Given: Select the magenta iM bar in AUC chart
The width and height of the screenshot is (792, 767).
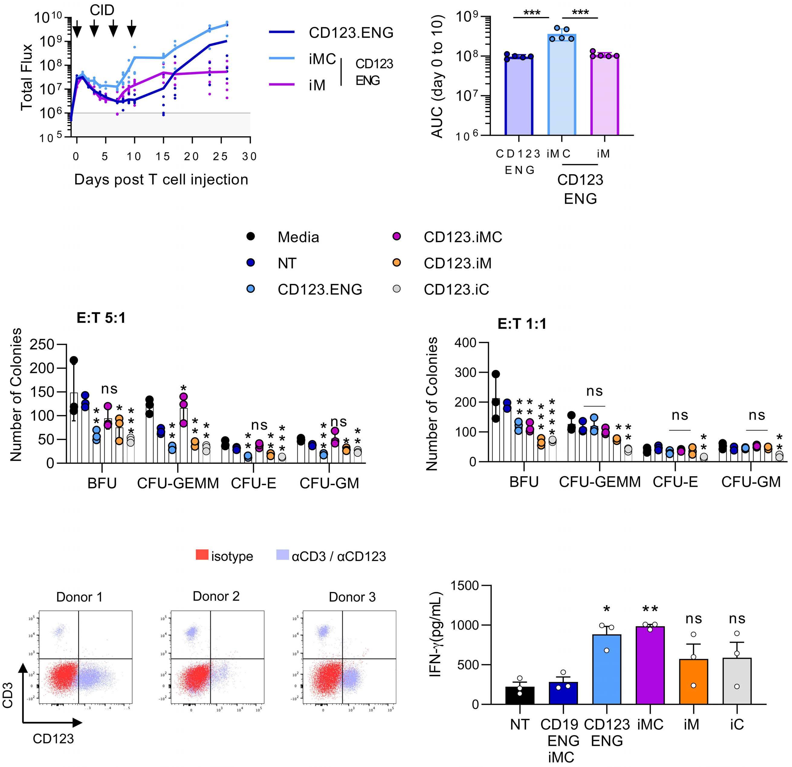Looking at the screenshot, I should pyautogui.click(x=605, y=95).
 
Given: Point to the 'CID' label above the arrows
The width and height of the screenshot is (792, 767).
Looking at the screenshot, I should pyautogui.click(x=102, y=10).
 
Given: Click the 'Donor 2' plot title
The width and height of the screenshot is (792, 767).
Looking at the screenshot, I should pyautogui.click(x=216, y=596).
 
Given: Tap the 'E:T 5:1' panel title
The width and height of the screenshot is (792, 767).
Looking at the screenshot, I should pyautogui.click(x=101, y=318).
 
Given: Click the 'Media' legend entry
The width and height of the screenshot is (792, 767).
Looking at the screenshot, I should pyautogui.click(x=298, y=237).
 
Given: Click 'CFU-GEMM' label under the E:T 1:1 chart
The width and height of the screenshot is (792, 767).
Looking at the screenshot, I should pyautogui.click(x=600, y=482).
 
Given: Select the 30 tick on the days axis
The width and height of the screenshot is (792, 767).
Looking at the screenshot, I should pyautogui.click(x=249, y=156).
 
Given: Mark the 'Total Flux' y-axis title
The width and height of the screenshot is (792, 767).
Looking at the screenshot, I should pyautogui.click(x=26, y=77).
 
